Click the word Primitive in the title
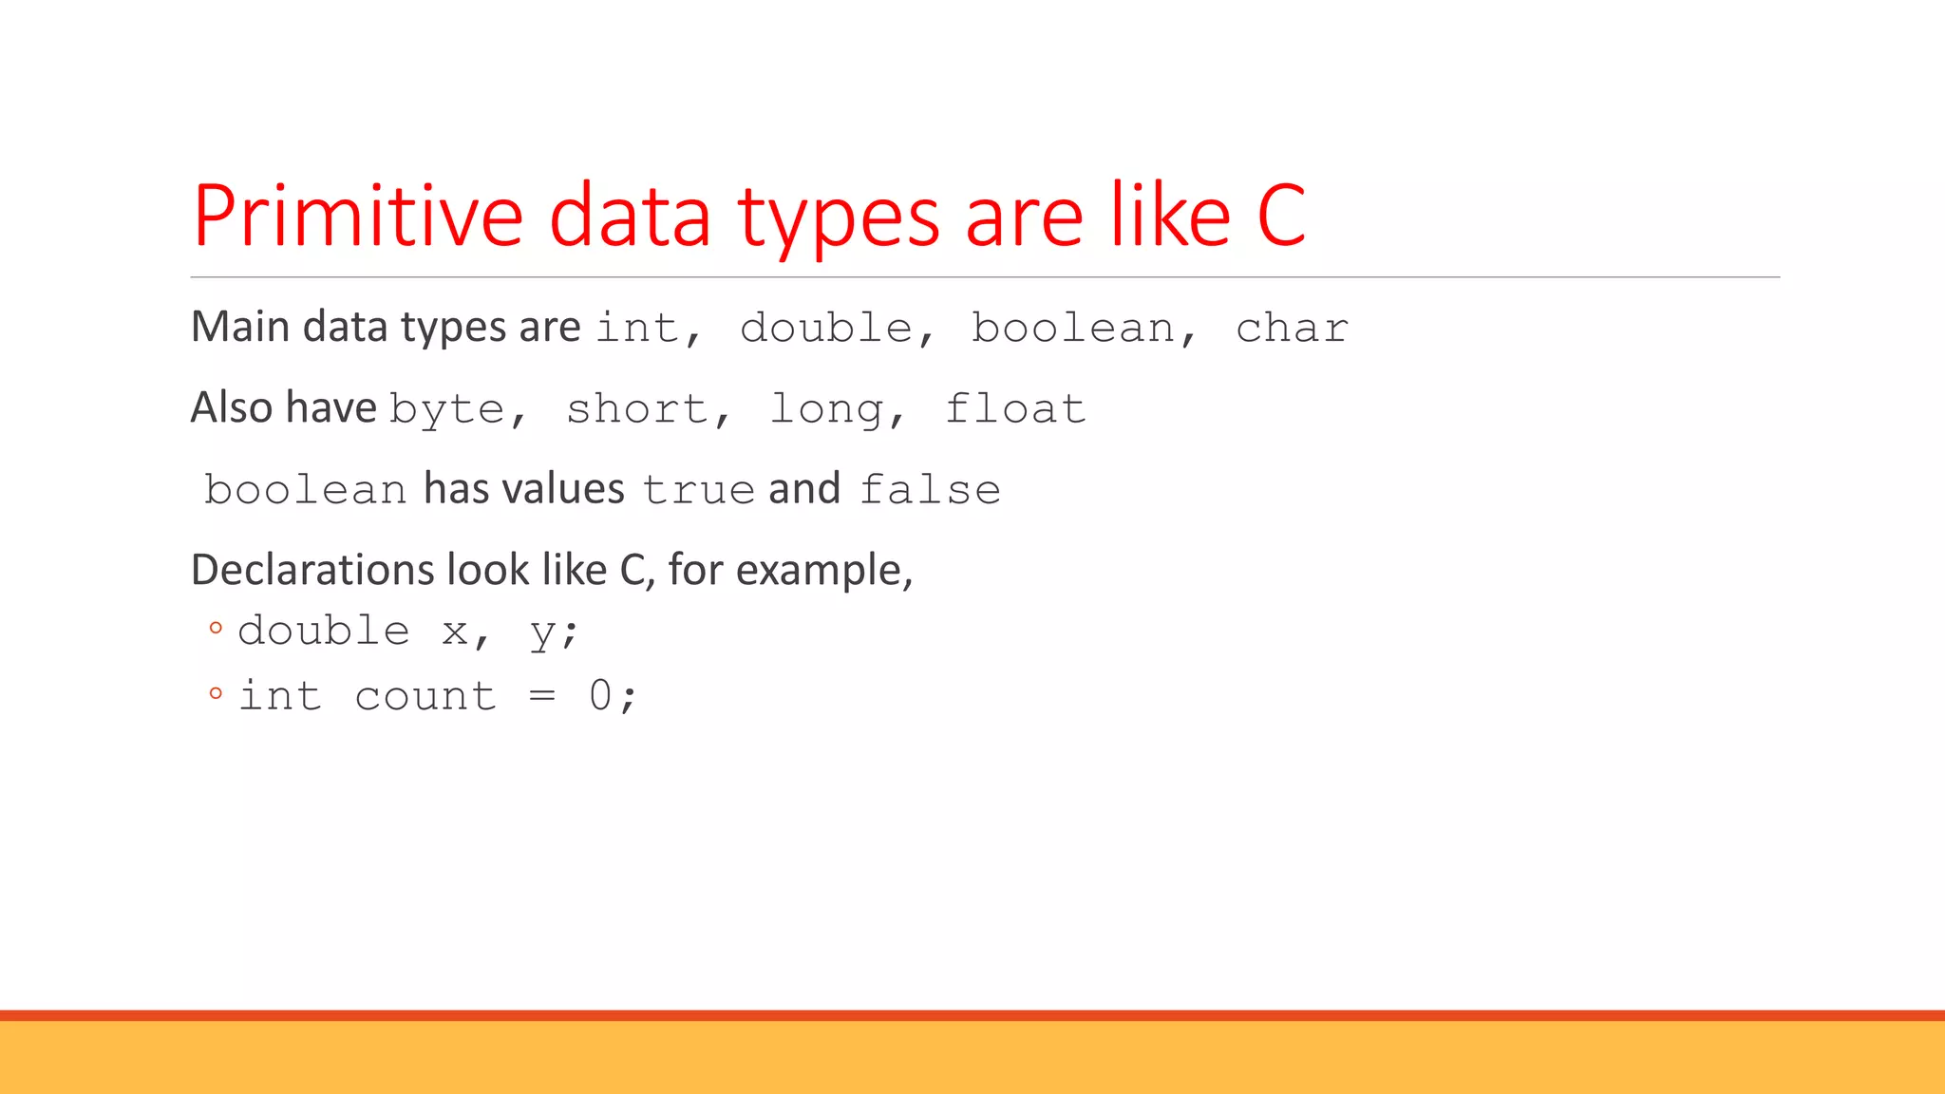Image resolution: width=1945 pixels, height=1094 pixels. (357, 217)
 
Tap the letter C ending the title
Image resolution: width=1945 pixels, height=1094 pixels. (1281, 217)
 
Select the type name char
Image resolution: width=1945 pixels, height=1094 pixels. (1292, 329)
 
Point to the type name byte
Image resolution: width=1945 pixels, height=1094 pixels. (446, 410)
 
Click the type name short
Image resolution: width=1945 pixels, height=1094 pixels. (637, 410)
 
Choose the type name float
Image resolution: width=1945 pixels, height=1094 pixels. (1015, 409)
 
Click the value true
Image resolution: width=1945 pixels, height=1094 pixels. (698, 490)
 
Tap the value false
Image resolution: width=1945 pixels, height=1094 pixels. (930, 490)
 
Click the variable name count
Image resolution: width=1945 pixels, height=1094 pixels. (425, 696)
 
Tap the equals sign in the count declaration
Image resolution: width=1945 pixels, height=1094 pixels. (542, 696)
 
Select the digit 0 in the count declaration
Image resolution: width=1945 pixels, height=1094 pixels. (600, 695)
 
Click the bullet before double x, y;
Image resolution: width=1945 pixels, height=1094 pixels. (216, 628)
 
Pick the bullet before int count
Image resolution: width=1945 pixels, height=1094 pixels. (216, 693)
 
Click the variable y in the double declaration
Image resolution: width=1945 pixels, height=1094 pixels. (542, 633)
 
